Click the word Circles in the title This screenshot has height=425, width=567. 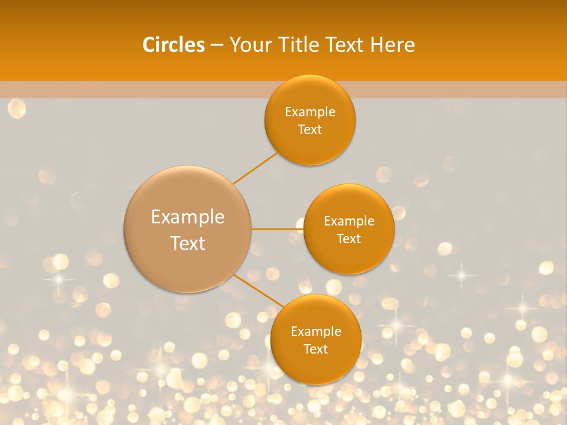[173, 45]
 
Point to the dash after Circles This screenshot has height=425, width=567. [217, 45]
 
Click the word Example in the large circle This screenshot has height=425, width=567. [188, 217]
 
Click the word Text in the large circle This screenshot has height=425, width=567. [188, 243]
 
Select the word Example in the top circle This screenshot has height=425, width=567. [310, 112]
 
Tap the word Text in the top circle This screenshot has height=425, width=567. [310, 130]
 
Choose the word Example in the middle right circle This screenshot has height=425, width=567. [349, 221]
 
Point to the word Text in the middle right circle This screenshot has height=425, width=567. [349, 239]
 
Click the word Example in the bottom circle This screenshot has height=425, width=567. [316, 332]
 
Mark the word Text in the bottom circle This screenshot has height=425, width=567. [316, 349]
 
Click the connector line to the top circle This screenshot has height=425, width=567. [255, 168]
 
